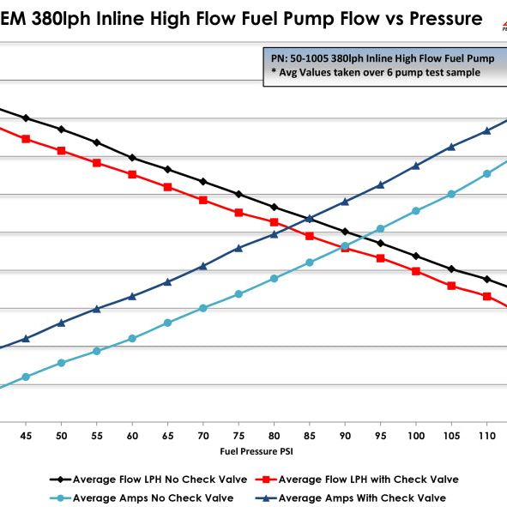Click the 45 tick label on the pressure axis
(x=26, y=437)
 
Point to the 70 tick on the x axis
(x=203, y=437)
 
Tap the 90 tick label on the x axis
(x=345, y=437)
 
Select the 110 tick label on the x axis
(x=487, y=437)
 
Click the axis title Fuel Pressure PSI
(x=256, y=450)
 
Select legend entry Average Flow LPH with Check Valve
(x=367, y=479)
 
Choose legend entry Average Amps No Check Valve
(x=140, y=498)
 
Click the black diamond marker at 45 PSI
(x=26, y=118)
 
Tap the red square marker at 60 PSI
(x=132, y=174)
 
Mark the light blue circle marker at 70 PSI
(x=203, y=307)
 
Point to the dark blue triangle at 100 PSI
(x=416, y=166)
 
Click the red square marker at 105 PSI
(x=451, y=286)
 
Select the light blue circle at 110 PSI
(x=487, y=173)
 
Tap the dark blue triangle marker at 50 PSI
(x=61, y=323)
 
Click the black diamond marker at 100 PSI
(x=416, y=256)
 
